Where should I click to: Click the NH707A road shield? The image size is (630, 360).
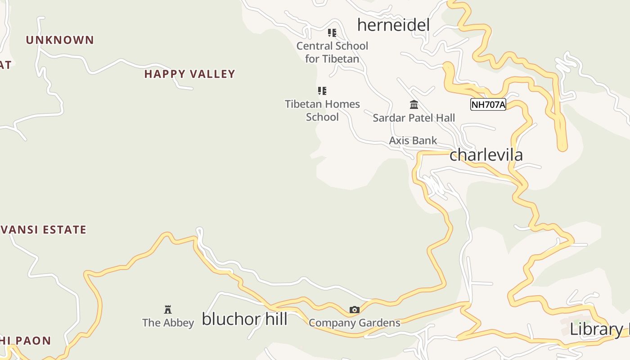(488, 105)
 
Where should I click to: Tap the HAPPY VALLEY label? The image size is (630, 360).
(189, 74)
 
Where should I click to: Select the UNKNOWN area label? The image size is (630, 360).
(60, 40)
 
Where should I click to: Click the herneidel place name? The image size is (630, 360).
(393, 25)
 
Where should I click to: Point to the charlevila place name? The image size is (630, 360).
(486, 155)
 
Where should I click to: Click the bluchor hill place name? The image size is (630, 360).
(244, 319)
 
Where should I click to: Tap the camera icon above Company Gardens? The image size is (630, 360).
(355, 310)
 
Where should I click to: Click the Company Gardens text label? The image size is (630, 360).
(355, 323)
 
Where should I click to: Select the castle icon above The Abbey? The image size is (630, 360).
(168, 309)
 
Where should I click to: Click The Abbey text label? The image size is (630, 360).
(168, 323)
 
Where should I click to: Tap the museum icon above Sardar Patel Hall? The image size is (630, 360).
(414, 105)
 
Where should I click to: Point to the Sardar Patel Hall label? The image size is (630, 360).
(414, 118)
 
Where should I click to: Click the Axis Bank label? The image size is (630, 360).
(413, 140)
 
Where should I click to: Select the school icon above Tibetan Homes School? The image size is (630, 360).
(322, 91)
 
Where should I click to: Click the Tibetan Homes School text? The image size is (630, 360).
(322, 111)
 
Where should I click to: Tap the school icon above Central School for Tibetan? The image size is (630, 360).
(332, 33)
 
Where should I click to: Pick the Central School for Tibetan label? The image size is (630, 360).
(332, 52)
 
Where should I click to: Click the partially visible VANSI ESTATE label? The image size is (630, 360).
(43, 230)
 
